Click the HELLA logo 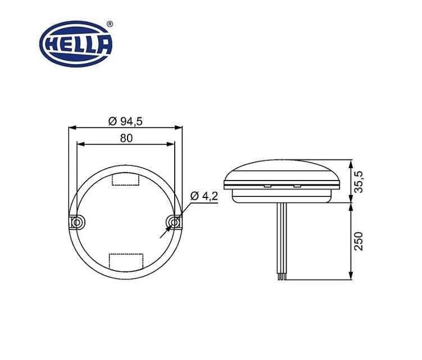coord(76,42)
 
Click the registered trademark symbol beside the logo coord(110,24)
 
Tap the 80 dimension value coord(126,139)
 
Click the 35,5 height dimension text coord(360,182)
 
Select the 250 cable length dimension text coord(360,241)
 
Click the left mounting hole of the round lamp coord(76,223)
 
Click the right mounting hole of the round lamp coord(175,223)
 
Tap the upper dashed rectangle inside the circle coord(126,179)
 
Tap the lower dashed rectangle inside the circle coord(126,261)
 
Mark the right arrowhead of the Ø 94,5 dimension coord(180,127)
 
